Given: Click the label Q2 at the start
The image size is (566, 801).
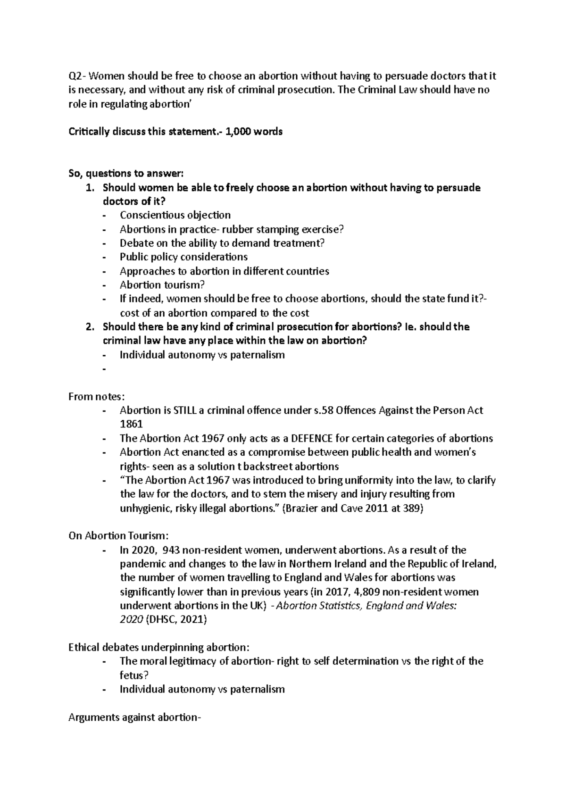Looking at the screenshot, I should (x=75, y=76).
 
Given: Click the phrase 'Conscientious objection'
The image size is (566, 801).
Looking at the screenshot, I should (x=175, y=215).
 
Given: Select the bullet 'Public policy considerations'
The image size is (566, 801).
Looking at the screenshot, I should (x=183, y=257).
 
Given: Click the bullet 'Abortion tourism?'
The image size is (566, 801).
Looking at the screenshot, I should (x=162, y=285).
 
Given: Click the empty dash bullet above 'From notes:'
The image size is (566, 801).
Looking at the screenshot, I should (x=104, y=369).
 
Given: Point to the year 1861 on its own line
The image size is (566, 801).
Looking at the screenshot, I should (x=131, y=424).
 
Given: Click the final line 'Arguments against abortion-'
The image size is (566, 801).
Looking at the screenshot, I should (x=134, y=718).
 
